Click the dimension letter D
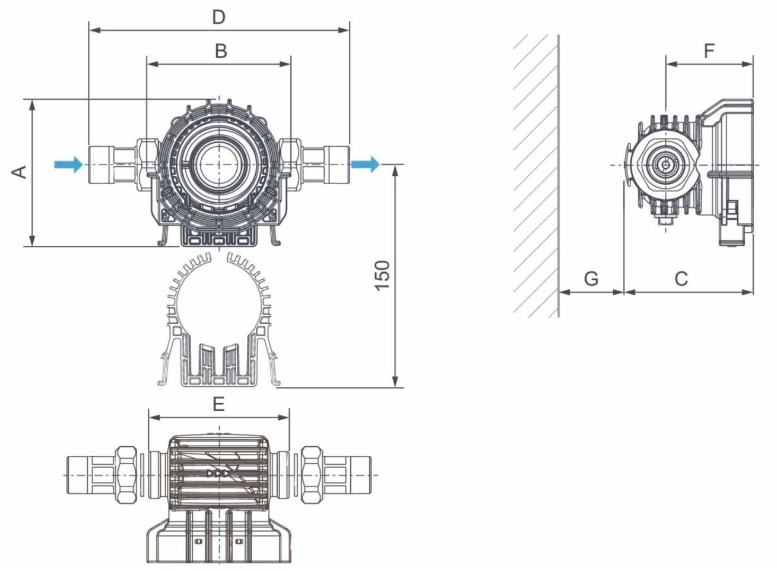pos(219,17)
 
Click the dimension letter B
pos(221,51)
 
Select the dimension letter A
pos(20,171)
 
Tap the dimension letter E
pos(218,405)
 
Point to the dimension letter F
pos(709,52)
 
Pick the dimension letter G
pos(591,278)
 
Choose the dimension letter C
pos(681,278)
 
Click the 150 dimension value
pos(383,275)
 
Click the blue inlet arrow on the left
pos(68,164)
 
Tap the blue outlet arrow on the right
pos(364,164)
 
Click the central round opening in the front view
pos(218,165)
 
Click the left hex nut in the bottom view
pos(127,474)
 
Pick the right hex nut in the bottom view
pos(311,474)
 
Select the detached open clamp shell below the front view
pos(218,321)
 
